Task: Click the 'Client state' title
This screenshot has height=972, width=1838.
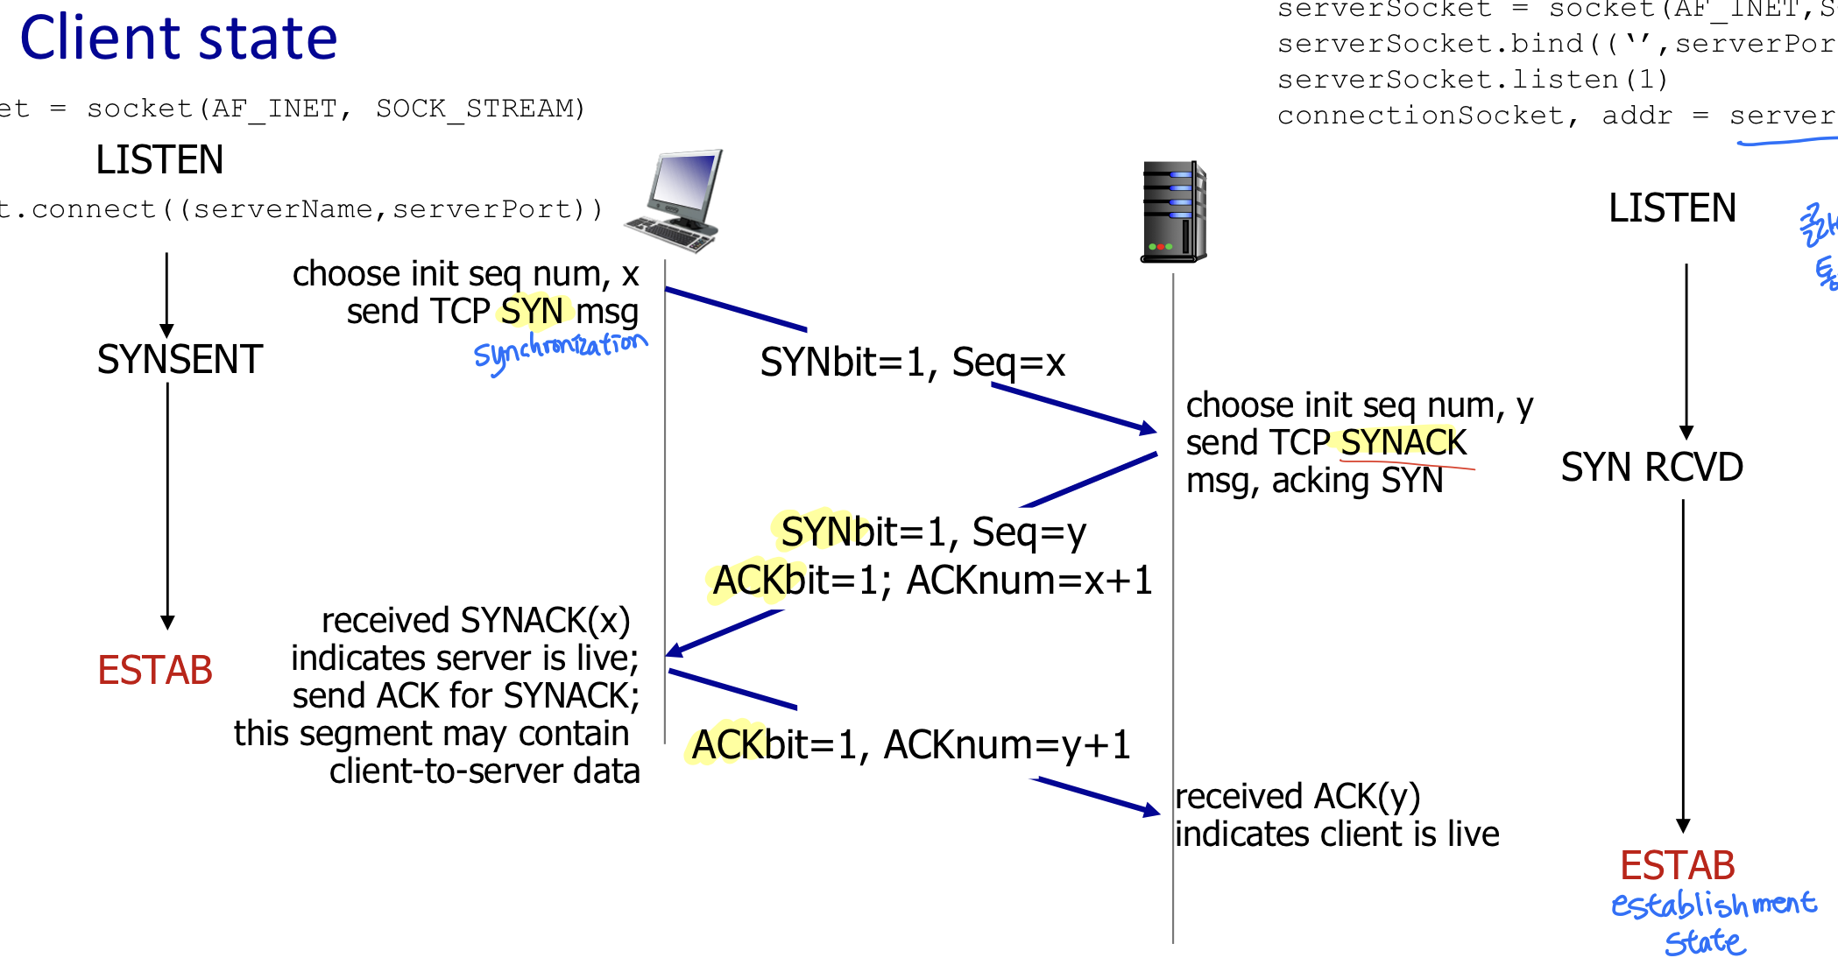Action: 179,39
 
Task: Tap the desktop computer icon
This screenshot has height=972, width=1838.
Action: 675,201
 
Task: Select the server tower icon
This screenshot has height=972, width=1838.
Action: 1173,212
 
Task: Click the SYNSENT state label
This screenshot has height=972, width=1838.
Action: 180,360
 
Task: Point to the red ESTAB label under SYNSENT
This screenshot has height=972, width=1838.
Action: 155,671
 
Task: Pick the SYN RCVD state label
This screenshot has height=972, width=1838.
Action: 1651,468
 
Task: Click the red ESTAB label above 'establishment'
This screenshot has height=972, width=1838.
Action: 1677,866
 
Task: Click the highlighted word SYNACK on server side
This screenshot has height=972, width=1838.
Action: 1403,443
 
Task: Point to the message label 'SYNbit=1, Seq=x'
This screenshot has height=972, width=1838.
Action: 912,363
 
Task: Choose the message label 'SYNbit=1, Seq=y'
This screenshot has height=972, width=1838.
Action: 933,532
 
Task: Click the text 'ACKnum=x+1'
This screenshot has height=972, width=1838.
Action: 1029,581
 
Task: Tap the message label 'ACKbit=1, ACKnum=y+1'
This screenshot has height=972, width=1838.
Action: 910,745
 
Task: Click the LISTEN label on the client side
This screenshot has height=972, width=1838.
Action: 159,160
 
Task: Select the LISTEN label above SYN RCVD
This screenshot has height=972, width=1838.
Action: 1672,208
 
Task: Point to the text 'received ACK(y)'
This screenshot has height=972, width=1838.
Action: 1297,797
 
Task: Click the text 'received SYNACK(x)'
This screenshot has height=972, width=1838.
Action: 476,621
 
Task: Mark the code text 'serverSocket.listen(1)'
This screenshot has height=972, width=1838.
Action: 1472,80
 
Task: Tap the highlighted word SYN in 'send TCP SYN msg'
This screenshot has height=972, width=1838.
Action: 532,312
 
